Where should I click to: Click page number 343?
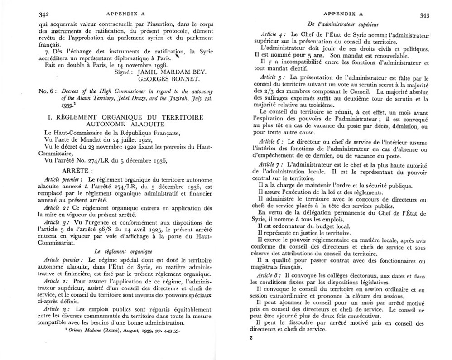coord(424,16)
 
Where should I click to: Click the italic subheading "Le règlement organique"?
coord(124,250)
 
